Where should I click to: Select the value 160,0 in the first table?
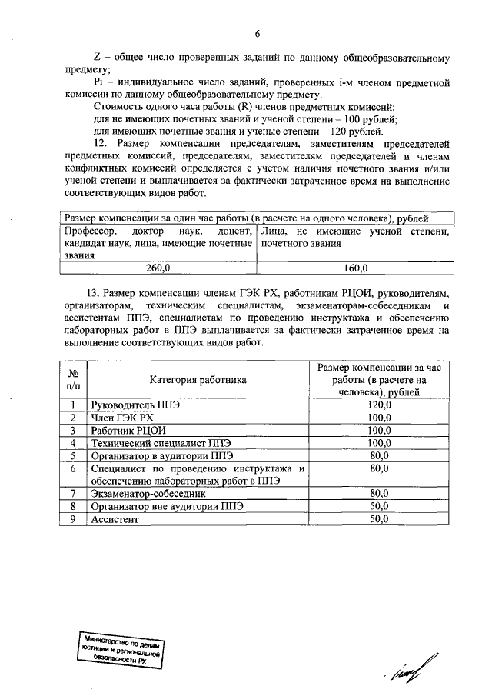click(354, 268)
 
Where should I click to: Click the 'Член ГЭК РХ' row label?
click(123, 417)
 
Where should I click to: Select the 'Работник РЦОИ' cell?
click(128, 430)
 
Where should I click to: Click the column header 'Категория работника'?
click(198, 379)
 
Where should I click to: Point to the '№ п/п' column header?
click(72, 378)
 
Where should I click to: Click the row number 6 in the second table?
click(72, 468)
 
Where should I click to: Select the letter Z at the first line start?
click(96, 58)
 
